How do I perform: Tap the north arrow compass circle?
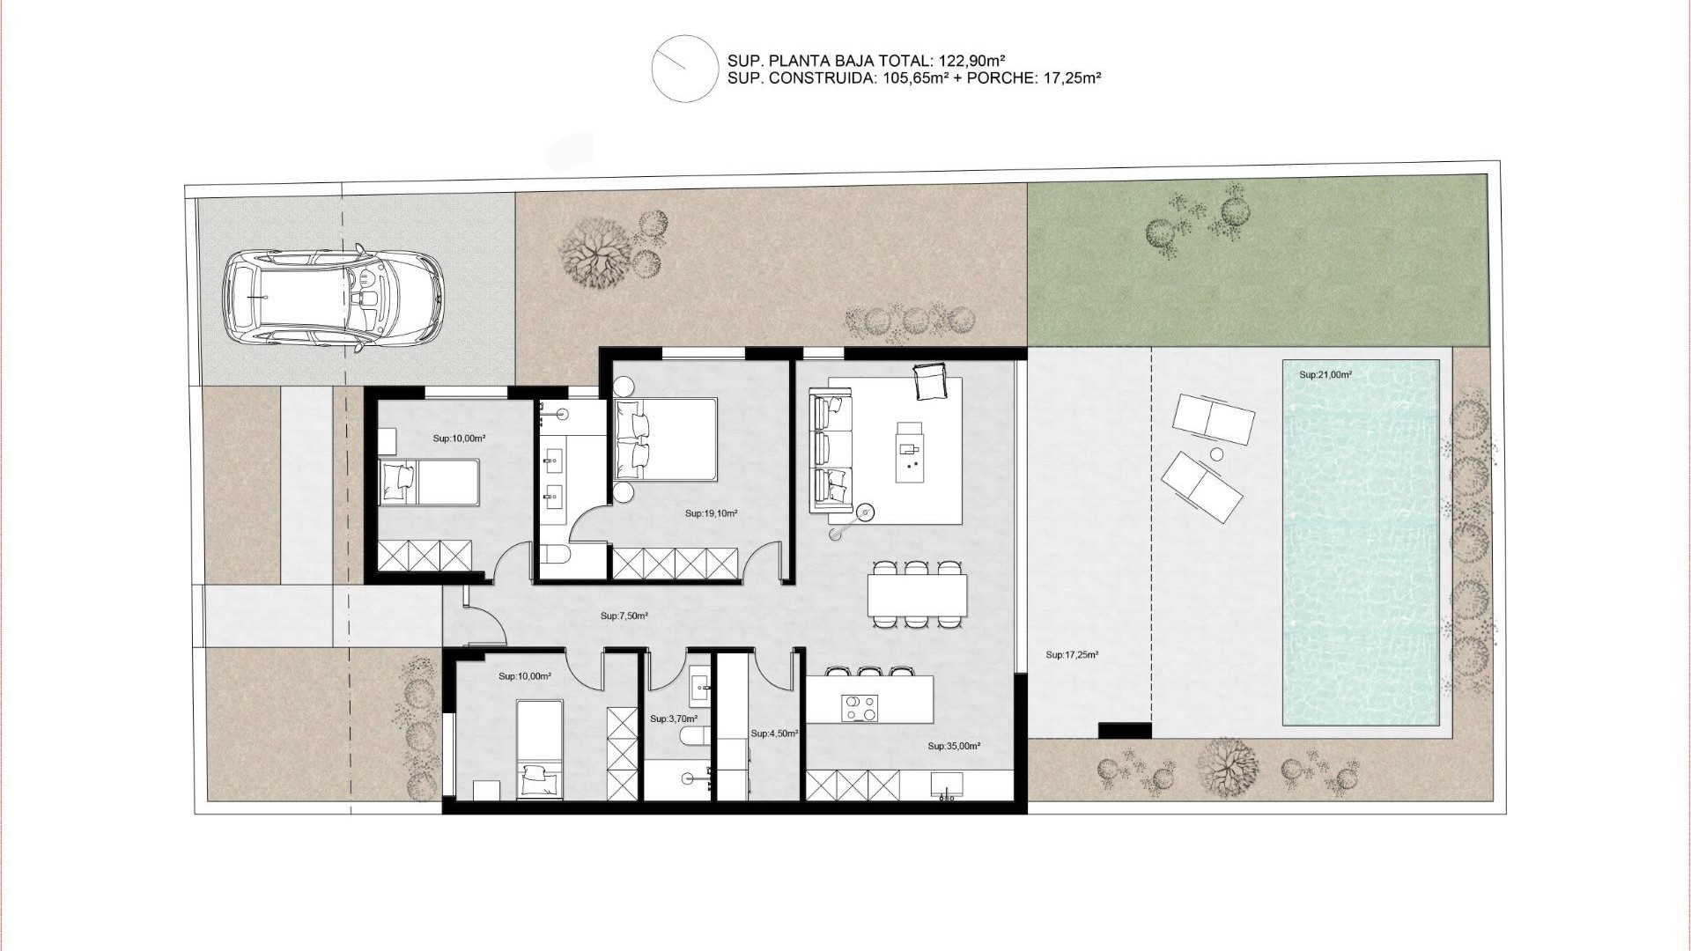[684, 69]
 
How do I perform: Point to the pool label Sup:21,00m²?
[1325, 375]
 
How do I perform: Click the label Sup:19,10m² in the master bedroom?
[711, 513]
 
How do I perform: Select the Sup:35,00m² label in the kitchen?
[954, 746]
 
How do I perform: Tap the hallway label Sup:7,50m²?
[624, 616]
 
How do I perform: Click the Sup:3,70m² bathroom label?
[673, 719]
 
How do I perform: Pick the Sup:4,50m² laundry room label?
[774, 734]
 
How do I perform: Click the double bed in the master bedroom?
[666, 439]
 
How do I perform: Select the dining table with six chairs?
[917, 595]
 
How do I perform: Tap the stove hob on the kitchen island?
[860, 707]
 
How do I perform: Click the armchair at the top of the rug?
[929, 382]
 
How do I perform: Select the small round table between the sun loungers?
[1216, 454]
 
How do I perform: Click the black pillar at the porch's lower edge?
[1125, 731]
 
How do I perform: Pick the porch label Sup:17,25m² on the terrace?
[1072, 655]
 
